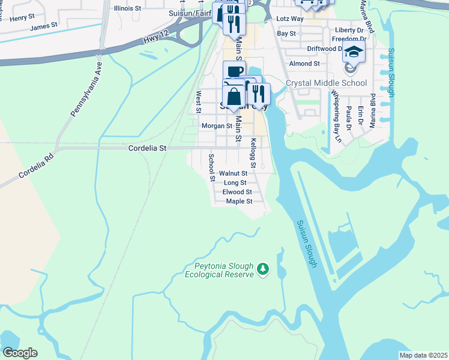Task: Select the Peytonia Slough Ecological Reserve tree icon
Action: tap(262, 269)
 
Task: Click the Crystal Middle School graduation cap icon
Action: tap(354, 52)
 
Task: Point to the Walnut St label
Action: tap(233, 173)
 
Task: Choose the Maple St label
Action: tap(239, 201)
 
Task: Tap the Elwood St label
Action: tap(237, 192)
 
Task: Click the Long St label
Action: tap(235, 182)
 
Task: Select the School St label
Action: tap(211, 167)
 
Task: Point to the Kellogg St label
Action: tap(253, 153)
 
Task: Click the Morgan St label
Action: tap(217, 126)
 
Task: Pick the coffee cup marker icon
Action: tap(234, 71)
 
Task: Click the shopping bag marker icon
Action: tap(233, 96)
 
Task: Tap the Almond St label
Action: tap(304, 64)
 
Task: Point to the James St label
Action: tap(44, 26)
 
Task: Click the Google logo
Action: tap(20, 352)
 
